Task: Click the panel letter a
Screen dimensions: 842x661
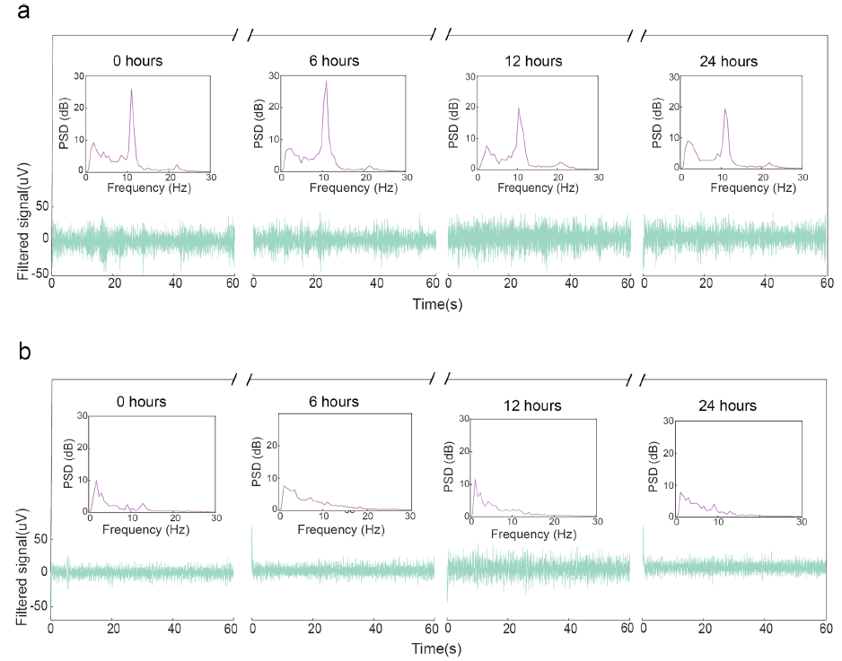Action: point(24,11)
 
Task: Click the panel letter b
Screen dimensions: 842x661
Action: point(24,352)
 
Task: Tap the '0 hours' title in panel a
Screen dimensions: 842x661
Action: point(137,61)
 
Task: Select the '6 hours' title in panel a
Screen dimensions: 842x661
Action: point(334,61)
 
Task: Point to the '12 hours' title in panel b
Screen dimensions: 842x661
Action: point(532,405)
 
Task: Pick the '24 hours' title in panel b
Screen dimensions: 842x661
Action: point(728,405)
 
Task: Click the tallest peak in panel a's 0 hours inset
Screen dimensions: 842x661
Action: point(131,89)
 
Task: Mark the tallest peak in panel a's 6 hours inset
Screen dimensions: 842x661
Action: point(326,81)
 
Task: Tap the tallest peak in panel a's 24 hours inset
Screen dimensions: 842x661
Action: point(725,109)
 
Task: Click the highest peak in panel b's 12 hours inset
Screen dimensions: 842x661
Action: point(475,479)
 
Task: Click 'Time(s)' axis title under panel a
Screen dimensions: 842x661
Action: point(437,304)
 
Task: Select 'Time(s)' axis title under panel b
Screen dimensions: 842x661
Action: point(436,648)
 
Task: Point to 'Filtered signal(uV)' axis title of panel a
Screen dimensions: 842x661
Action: point(23,221)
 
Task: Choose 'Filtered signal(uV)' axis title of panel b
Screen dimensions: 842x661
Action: point(22,567)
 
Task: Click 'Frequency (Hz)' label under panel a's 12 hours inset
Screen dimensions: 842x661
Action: point(538,187)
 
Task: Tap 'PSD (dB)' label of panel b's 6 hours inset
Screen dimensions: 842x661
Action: point(258,462)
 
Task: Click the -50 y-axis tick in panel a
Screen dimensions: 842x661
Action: point(39,273)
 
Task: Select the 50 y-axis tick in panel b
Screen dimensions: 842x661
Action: point(40,539)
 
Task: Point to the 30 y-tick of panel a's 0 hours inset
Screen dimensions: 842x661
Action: point(79,75)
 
